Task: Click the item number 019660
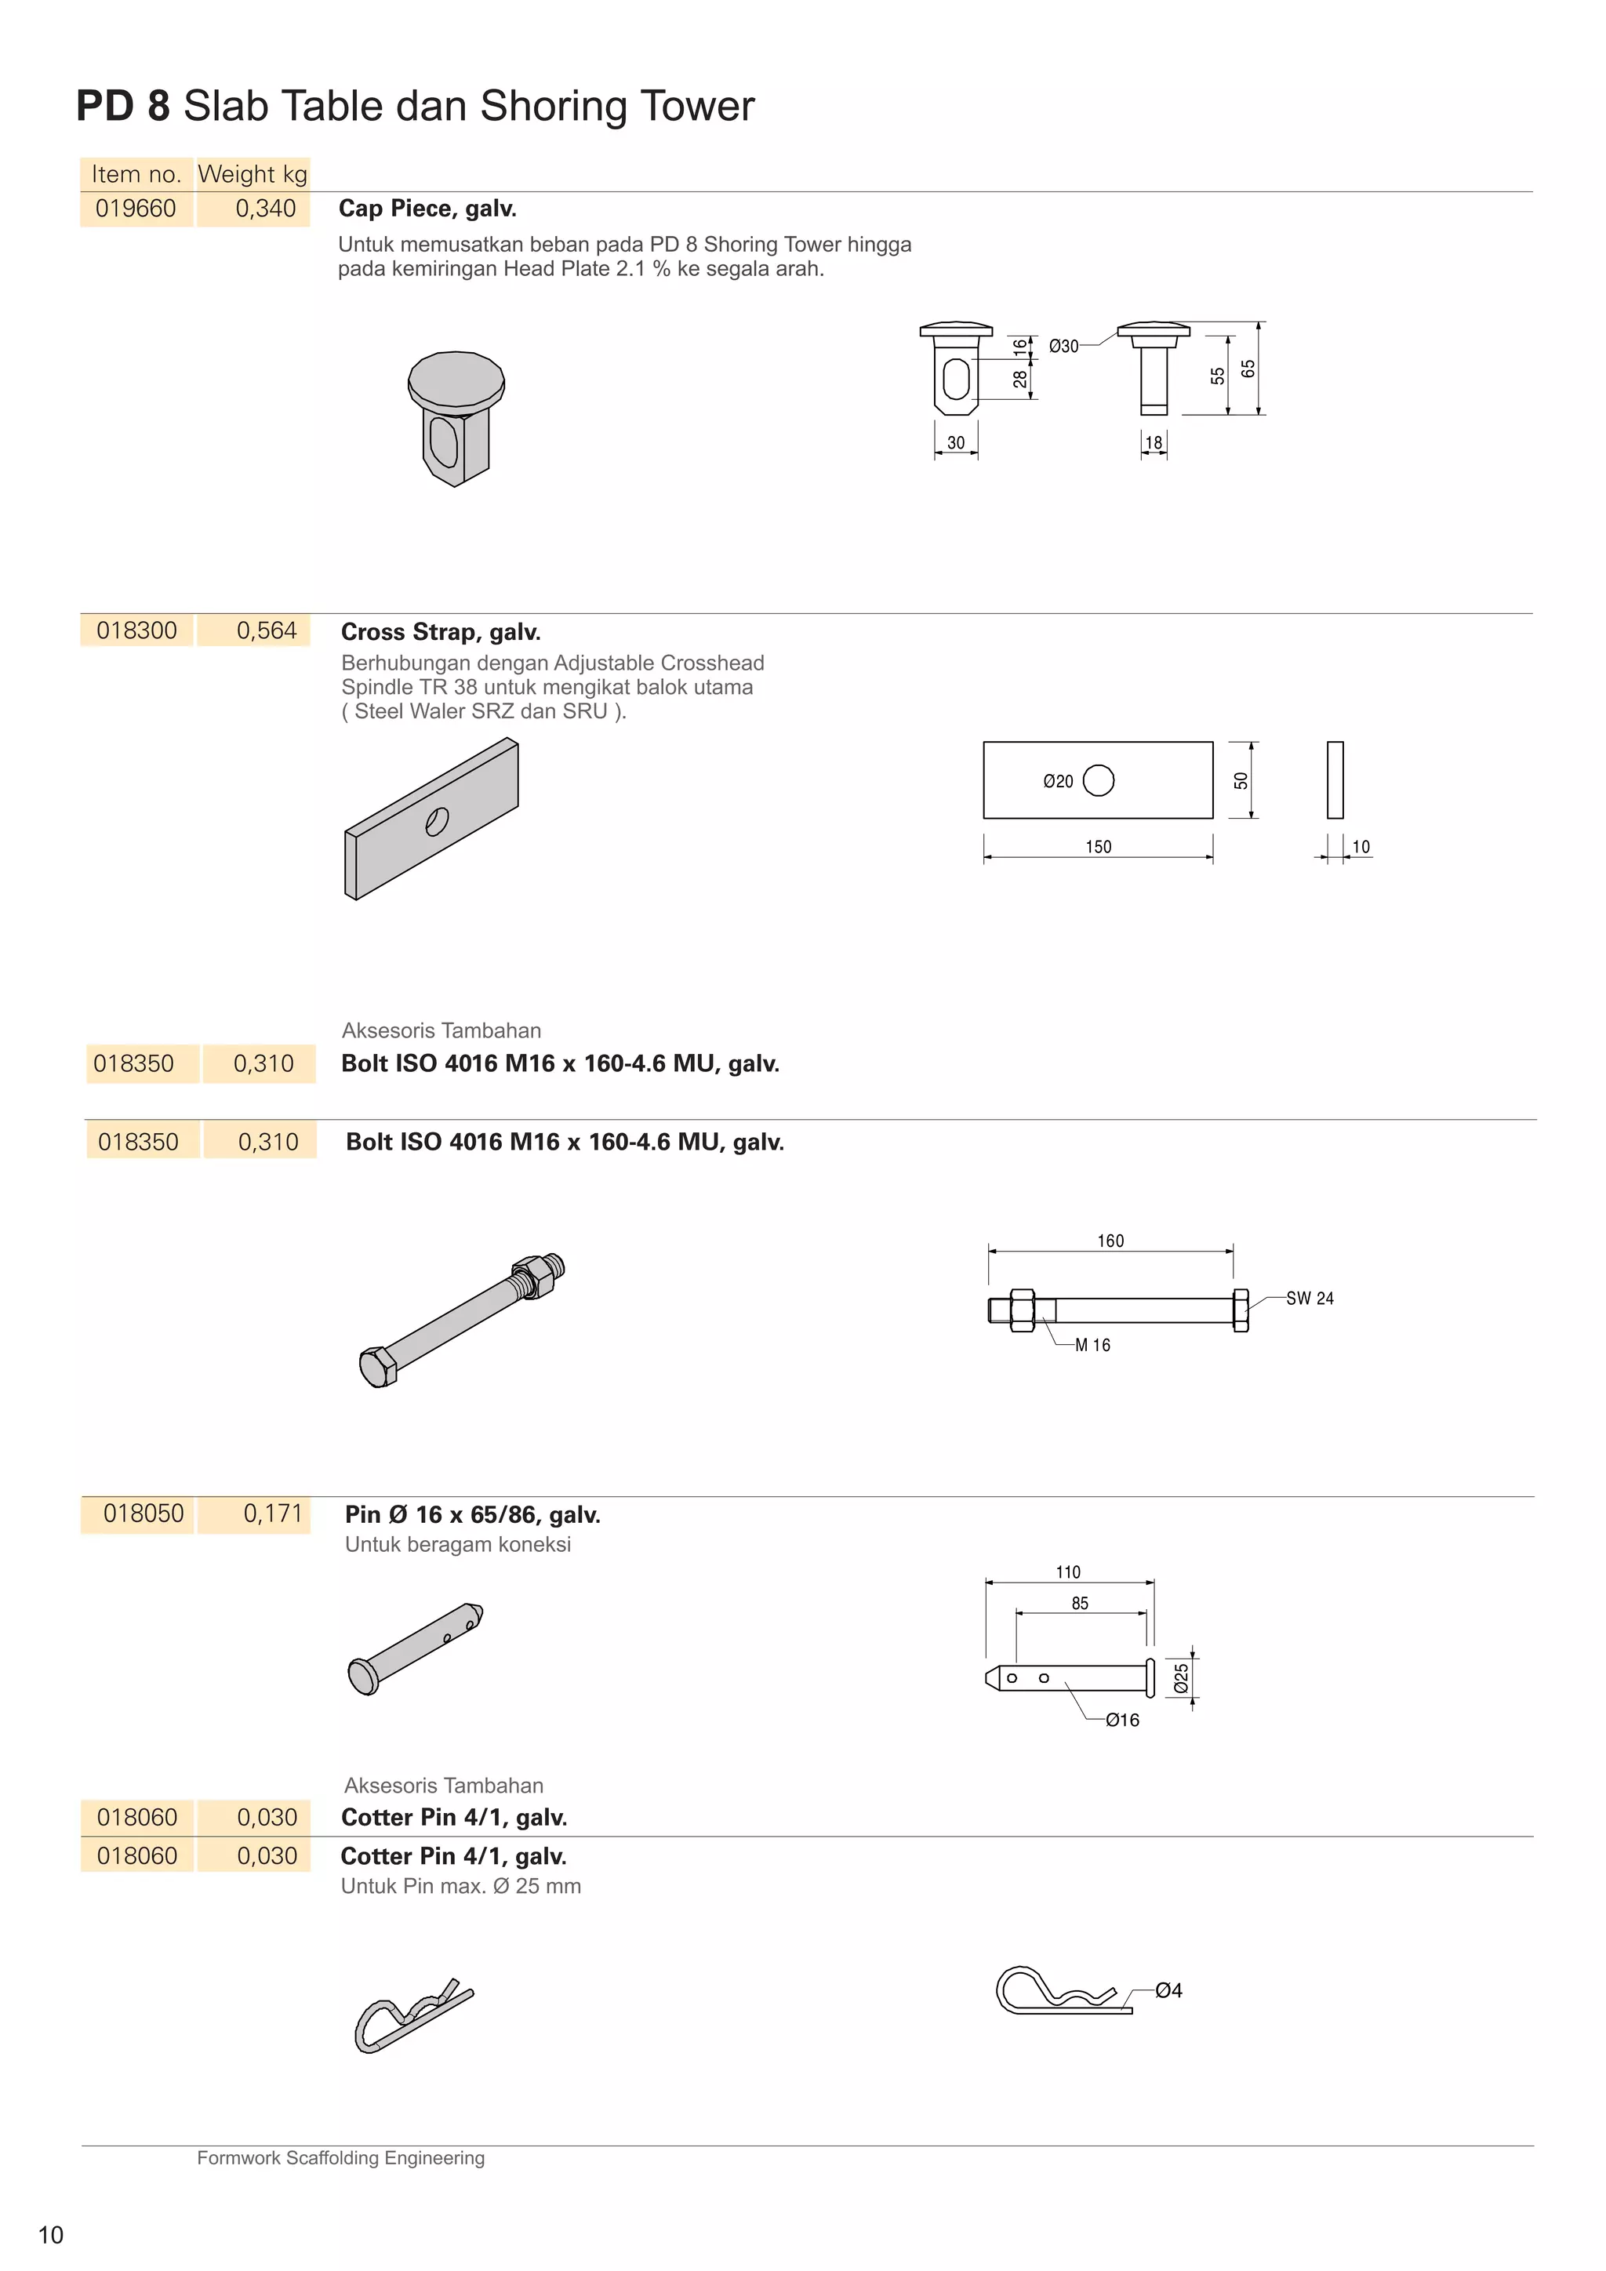coord(136,209)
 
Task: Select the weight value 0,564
coord(266,631)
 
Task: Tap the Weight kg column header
coord(253,174)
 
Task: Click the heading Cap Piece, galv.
coord(427,209)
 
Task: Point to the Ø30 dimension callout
coord(1063,346)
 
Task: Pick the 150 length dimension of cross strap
coord(1098,847)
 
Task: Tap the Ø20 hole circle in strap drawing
coord(1099,780)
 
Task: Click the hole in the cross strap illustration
coord(437,821)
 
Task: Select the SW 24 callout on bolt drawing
coord(1310,1299)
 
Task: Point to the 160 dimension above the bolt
coord(1110,1241)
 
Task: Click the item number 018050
coord(144,1513)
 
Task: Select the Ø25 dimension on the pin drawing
coord(1181,1678)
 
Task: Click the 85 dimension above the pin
coord(1080,1604)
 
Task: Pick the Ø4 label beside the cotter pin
coord(1169,1990)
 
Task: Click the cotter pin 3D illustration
coord(412,2016)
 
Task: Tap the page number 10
coord(50,2234)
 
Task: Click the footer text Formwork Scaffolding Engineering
coord(340,2157)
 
